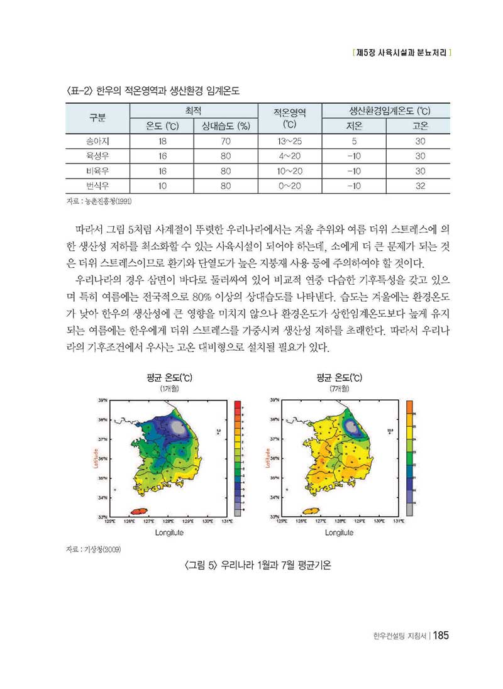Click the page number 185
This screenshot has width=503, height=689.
439,636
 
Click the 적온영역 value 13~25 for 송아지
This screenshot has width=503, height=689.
289,141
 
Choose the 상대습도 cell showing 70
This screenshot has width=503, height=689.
226,141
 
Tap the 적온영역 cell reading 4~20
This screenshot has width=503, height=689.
289,156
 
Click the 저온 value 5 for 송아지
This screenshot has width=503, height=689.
355,141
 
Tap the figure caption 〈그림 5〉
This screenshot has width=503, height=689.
258,565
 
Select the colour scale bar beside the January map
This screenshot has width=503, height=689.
238,458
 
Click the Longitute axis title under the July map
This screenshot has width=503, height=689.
339,532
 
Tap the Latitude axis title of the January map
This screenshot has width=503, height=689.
96,458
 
